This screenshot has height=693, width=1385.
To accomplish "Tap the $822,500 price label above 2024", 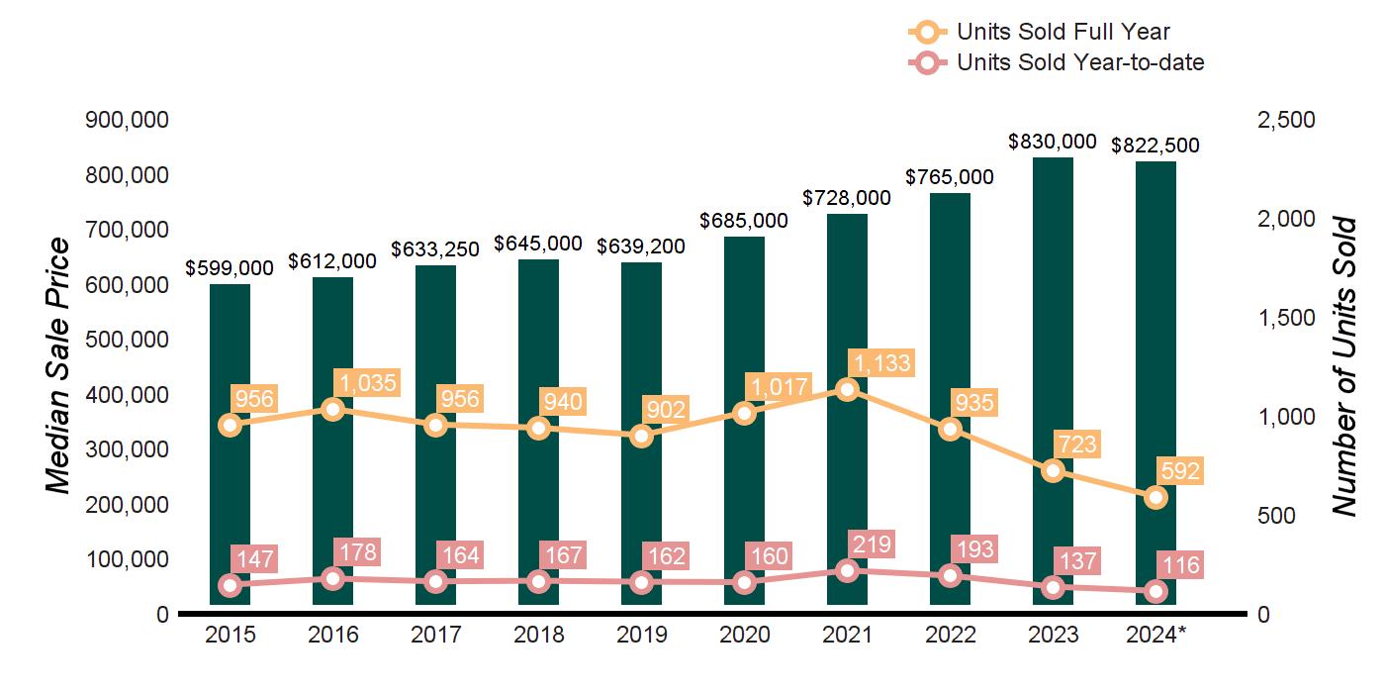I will coord(1155,146).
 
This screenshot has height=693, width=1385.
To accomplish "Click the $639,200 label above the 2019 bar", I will coord(641,247).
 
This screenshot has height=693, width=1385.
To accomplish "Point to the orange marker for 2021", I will coord(847,390).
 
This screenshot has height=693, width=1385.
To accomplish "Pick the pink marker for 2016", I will coord(332,579).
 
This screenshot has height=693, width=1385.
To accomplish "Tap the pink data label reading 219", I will coord(871,544).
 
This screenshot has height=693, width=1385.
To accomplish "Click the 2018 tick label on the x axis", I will coord(538,636).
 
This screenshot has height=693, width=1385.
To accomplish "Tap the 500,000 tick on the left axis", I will coord(128,340).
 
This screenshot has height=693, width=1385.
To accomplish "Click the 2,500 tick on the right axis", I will coord(1286,120).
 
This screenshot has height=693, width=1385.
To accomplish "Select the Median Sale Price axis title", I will coord(59,366).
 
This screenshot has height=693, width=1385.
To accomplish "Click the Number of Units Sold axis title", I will coord(1342,366).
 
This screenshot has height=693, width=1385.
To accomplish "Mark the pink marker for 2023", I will coord(1053,587).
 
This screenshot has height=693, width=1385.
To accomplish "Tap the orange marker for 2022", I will coord(950,429).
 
